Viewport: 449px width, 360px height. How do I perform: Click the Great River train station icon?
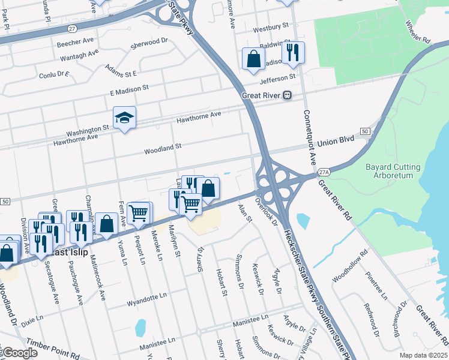pyautogui.click(x=288, y=95)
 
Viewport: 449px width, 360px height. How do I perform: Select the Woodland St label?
pyautogui.click(x=162, y=146)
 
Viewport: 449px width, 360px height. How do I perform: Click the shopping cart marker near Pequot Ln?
pyautogui.click(x=139, y=213)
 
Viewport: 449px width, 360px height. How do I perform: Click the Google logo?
pyautogui.click(x=20, y=353)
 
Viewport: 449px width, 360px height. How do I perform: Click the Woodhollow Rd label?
pyautogui.click(x=348, y=266)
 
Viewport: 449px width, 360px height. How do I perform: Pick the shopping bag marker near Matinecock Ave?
pyautogui.click(x=106, y=224)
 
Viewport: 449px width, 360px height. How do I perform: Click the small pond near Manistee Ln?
pyautogui.click(x=140, y=328)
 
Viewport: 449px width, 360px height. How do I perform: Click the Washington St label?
pyautogui.click(x=88, y=128)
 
